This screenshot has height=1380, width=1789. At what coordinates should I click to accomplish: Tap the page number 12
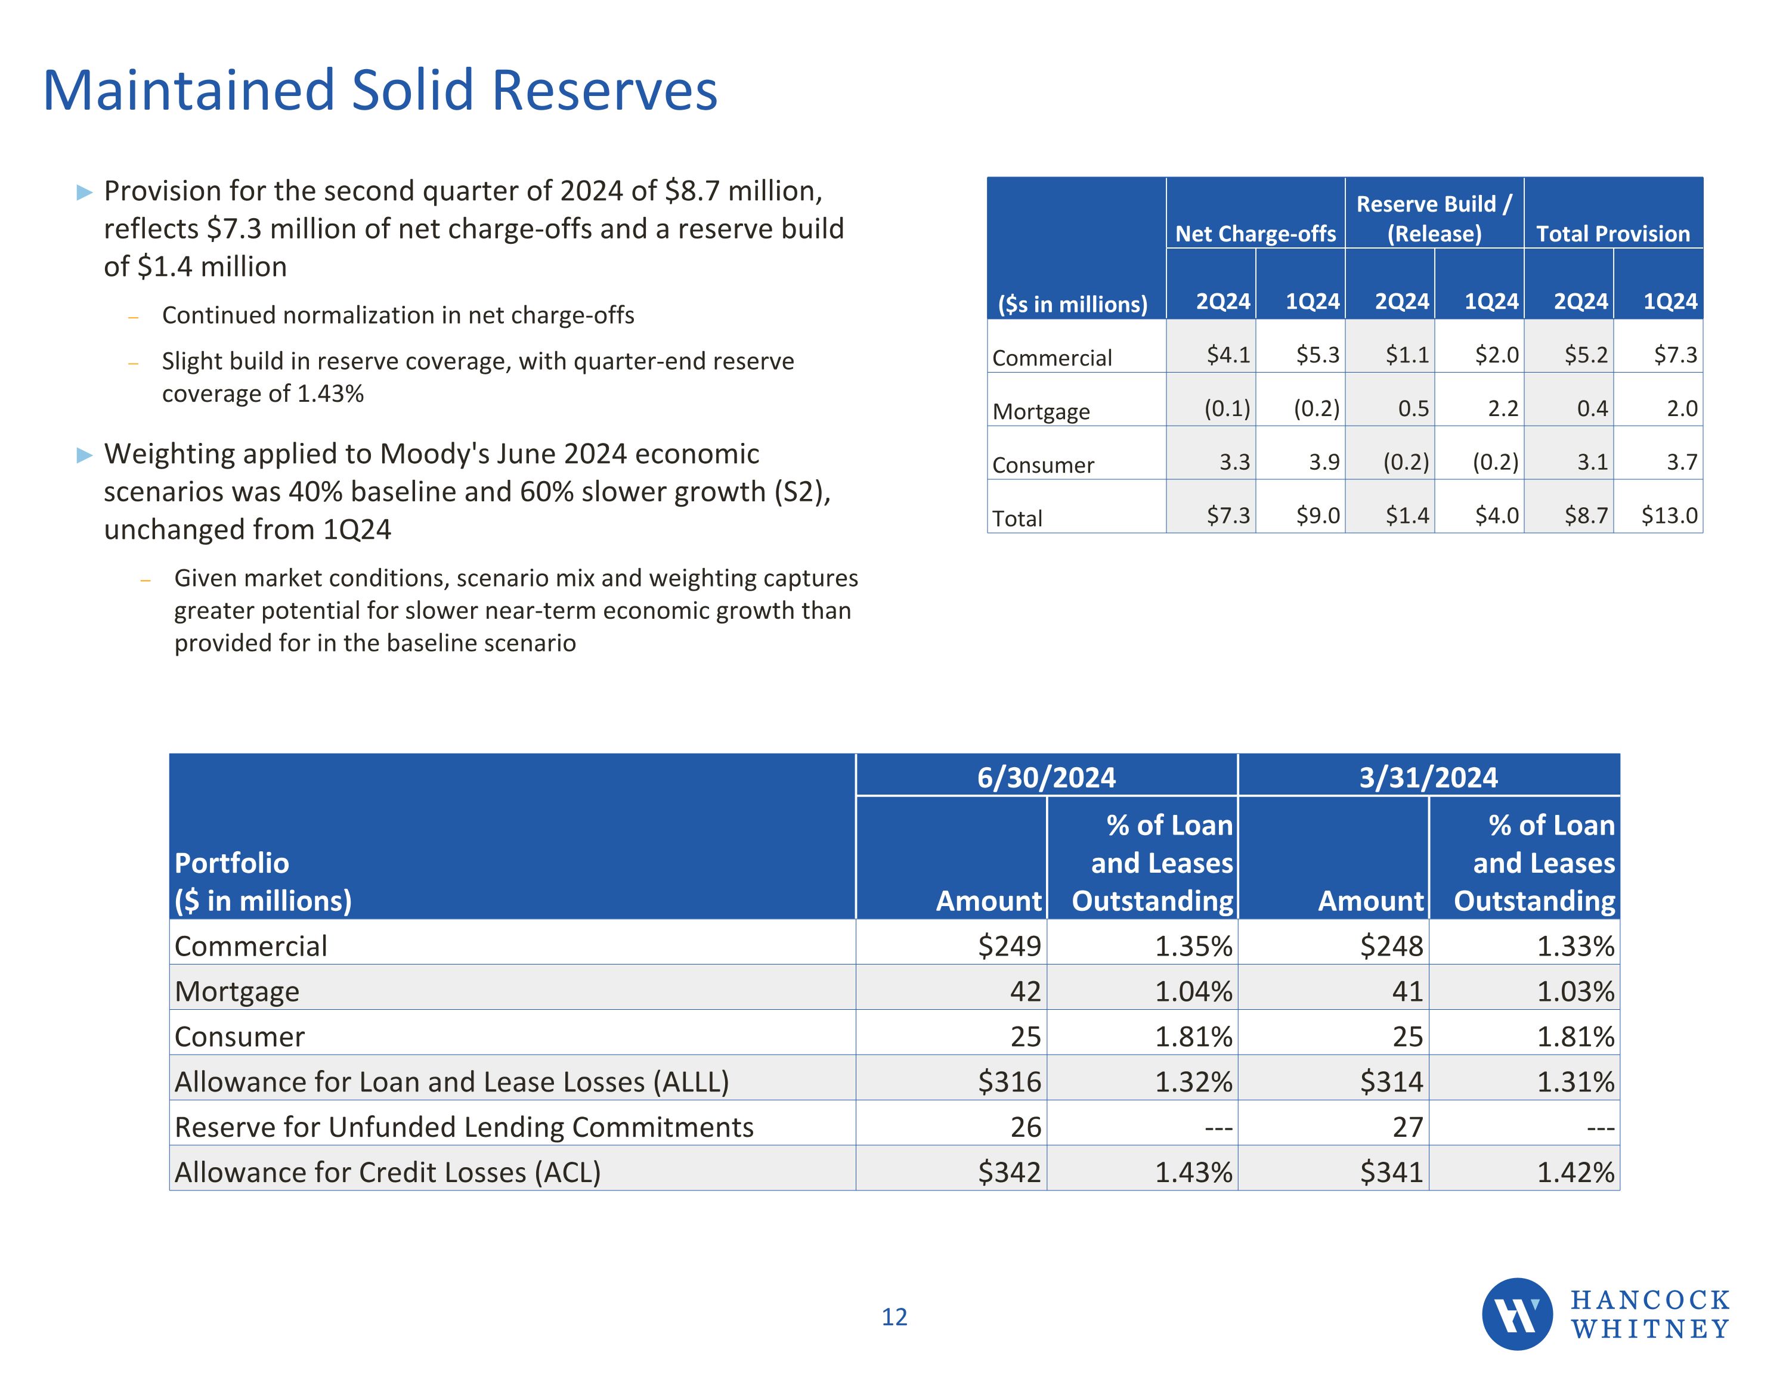click(x=894, y=1317)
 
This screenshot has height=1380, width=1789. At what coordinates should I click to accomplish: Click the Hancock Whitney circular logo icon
click(x=1516, y=1314)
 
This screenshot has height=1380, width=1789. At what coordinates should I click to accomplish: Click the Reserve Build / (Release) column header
click(x=1434, y=219)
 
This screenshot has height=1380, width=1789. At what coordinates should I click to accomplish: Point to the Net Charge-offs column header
click(x=1255, y=234)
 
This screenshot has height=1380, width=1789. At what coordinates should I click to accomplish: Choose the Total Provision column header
click(x=1612, y=234)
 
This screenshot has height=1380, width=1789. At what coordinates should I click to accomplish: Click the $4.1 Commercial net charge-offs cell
click(x=1228, y=355)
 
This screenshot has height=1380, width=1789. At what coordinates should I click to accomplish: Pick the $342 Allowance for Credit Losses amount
click(x=1009, y=1172)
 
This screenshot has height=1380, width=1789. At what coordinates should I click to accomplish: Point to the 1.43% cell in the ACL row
click(x=1193, y=1172)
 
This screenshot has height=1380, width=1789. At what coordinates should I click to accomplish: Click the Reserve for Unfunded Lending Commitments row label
click(x=463, y=1127)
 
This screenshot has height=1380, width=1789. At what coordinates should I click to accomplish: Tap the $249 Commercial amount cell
click(x=1009, y=946)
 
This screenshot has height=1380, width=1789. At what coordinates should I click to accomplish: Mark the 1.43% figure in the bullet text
click(x=330, y=394)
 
